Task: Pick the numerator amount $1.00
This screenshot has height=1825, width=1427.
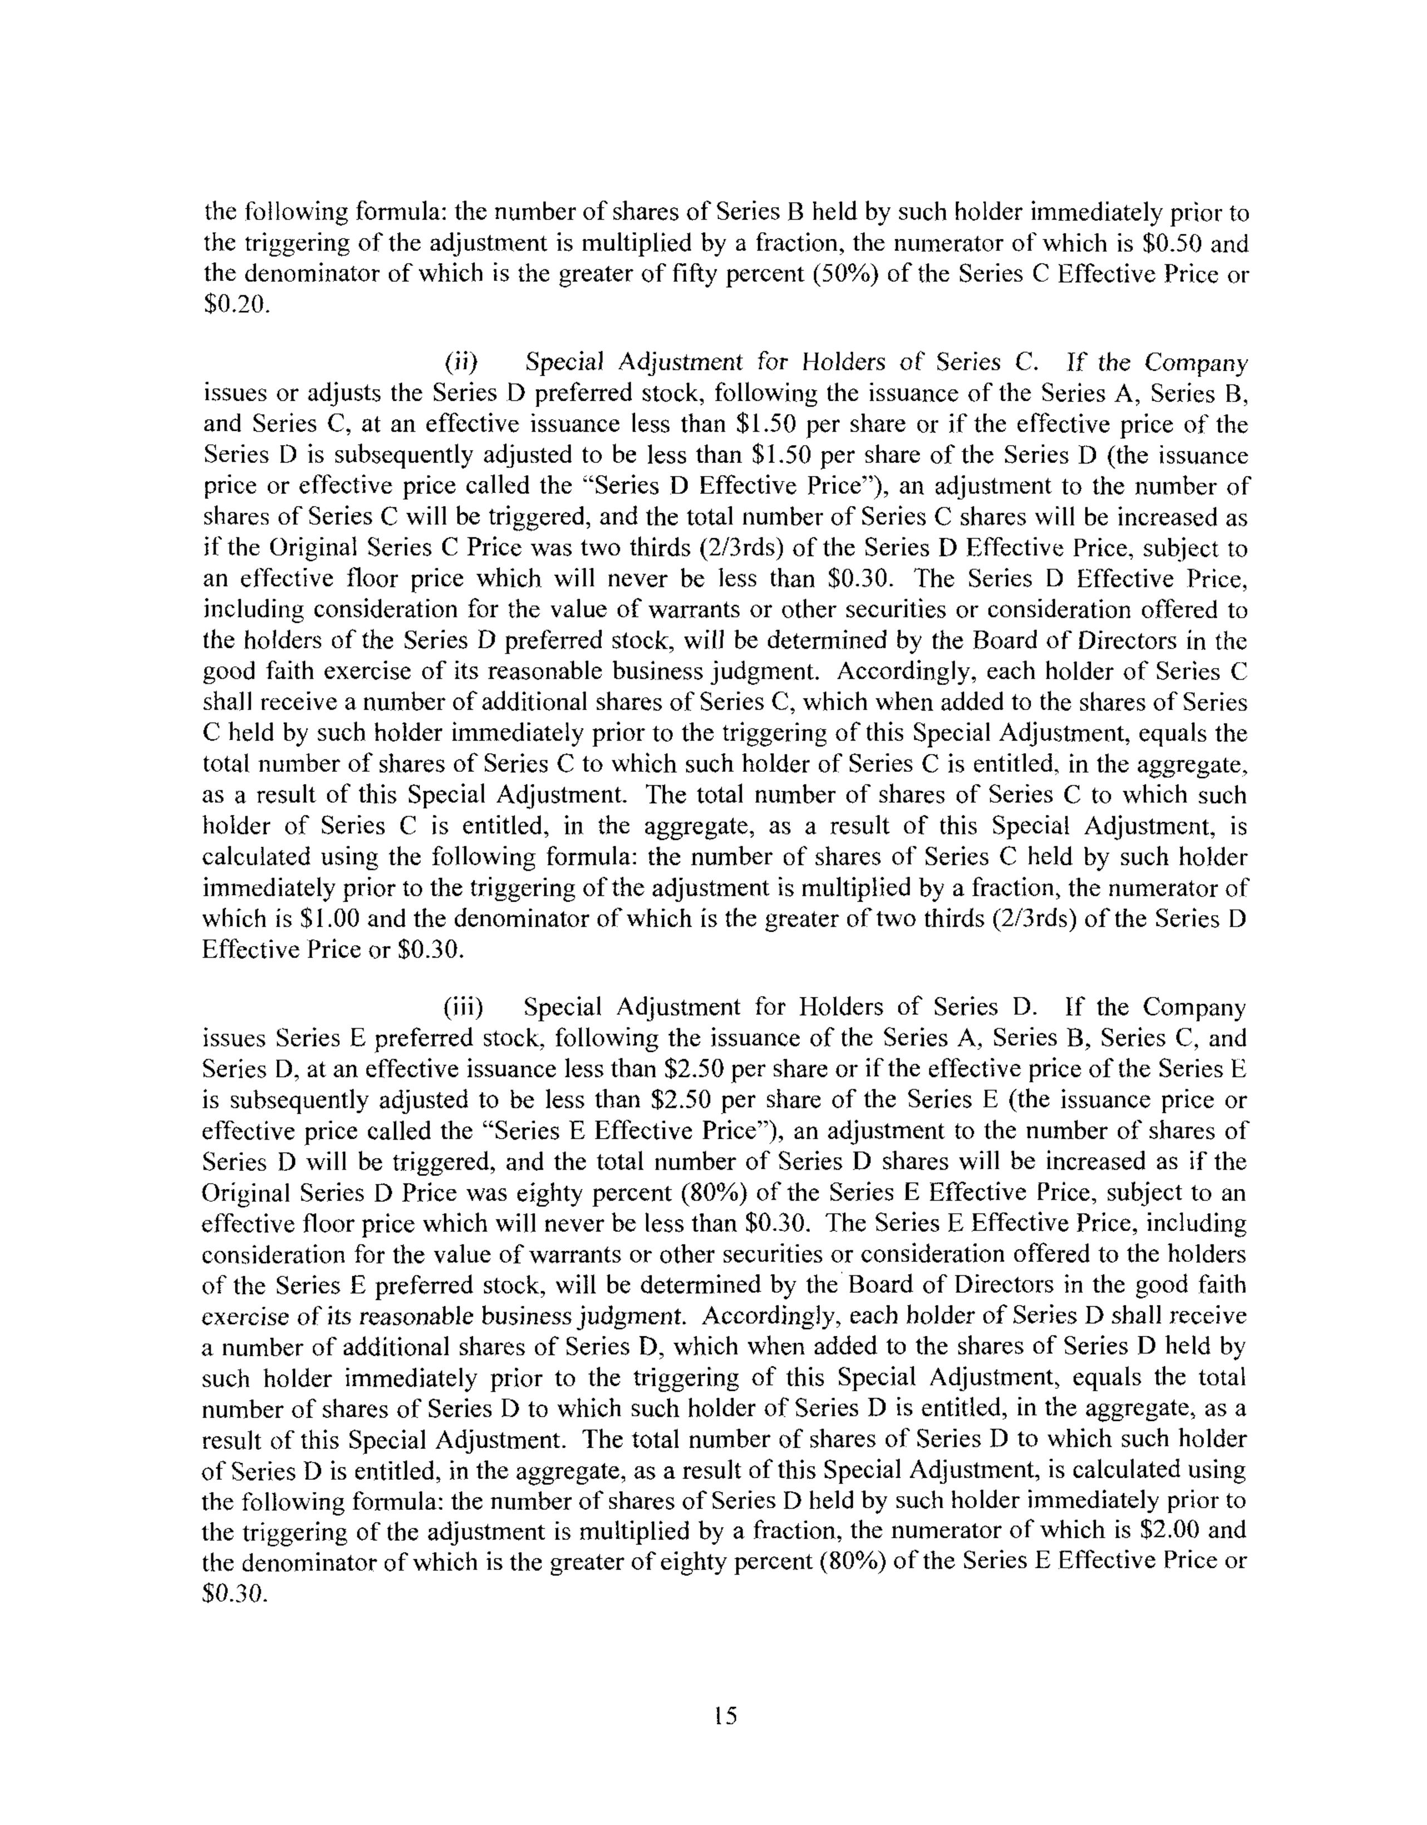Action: click(x=329, y=919)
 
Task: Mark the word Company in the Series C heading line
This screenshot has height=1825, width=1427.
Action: click(x=1195, y=363)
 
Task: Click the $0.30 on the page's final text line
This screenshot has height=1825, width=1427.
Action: click(x=235, y=1593)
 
